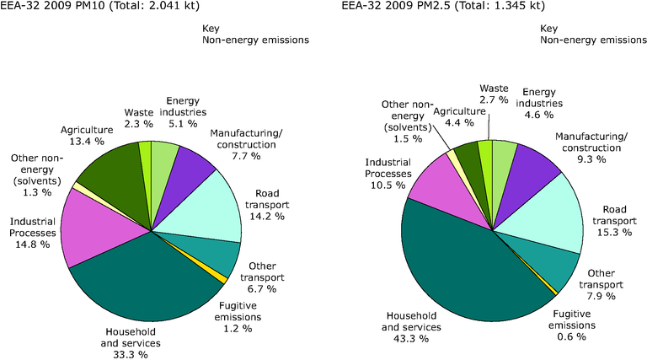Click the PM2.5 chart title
443,8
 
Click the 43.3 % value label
411,338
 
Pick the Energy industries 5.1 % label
186,113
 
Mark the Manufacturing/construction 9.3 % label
591,148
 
